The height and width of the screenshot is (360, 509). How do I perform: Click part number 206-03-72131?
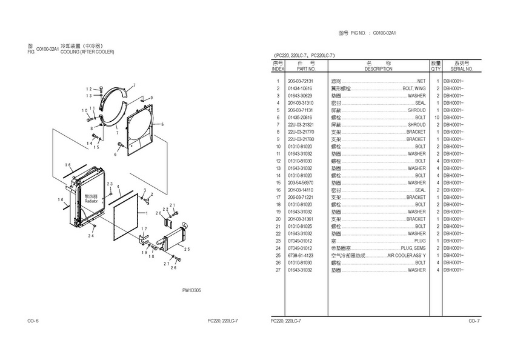coord(300,81)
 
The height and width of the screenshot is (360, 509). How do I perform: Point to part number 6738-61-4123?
coord(300,256)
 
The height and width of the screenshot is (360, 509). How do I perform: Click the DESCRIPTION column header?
coord(379,69)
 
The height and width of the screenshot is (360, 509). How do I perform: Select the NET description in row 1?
coord(422,81)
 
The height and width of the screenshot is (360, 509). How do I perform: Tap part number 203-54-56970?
coord(300,183)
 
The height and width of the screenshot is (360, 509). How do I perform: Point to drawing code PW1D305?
coord(192,290)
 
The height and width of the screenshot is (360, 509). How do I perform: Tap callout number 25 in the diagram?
coord(187,249)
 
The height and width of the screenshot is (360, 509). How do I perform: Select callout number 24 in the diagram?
coord(90,236)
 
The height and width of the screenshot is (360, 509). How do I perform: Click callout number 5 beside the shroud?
coord(163,124)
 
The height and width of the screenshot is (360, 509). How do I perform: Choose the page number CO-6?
coord(34,320)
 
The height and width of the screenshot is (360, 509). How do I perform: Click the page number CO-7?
coord(474,320)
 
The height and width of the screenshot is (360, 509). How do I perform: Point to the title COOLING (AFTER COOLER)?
coord(87,52)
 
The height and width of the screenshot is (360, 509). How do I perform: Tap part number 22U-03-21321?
coord(300,125)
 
